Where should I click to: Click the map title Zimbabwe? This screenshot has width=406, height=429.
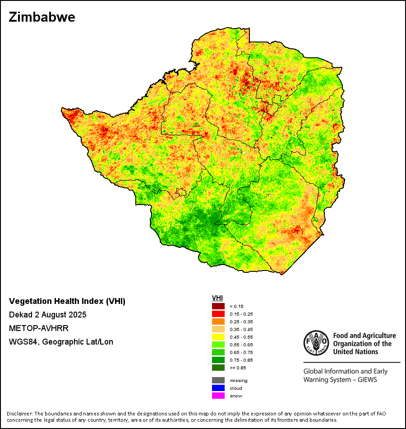point(42,17)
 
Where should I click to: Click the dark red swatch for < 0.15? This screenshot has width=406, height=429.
point(218,306)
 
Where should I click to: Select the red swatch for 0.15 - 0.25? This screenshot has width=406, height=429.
point(218,314)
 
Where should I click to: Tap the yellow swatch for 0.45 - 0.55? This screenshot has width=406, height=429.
point(218,337)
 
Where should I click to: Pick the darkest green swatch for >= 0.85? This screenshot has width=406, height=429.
point(218,368)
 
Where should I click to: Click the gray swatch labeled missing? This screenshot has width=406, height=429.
point(218,380)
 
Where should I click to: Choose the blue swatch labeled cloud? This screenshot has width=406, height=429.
point(218,388)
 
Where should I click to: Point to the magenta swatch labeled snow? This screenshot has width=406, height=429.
point(218,396)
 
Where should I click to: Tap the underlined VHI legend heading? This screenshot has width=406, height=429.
point(217,298)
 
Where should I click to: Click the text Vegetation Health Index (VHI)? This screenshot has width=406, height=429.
point(67,301)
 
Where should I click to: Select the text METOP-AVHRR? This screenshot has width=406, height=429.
point(39,328)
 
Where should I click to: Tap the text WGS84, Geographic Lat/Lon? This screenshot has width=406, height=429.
point(61,342)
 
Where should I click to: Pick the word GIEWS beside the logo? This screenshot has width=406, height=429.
point(366,379)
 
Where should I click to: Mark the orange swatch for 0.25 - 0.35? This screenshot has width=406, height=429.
point(218,322)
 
